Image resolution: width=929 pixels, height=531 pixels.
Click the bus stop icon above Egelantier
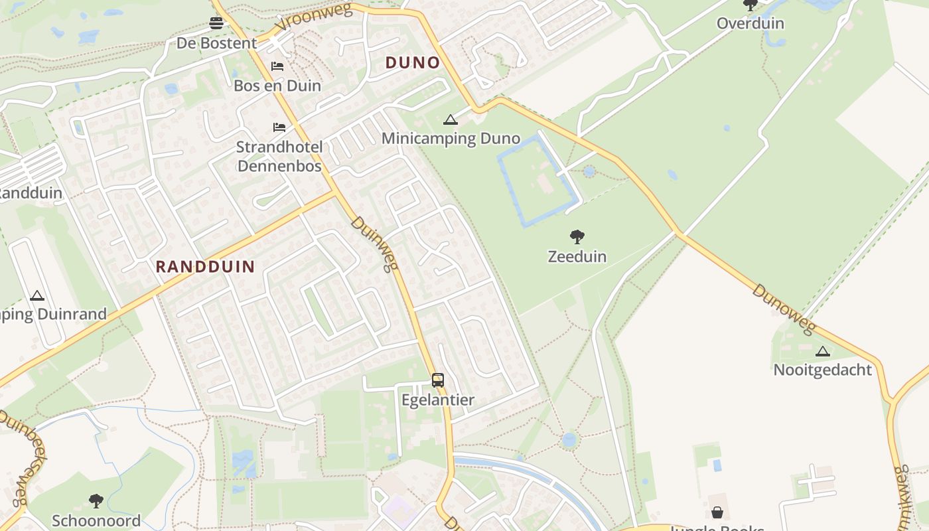[438, 380]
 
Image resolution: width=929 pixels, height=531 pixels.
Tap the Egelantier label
[438, 400]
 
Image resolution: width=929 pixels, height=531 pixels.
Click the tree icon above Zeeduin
[577, 236]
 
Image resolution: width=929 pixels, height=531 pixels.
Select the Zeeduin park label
[577, 256]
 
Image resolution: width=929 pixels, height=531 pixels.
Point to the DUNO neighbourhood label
[413, 63]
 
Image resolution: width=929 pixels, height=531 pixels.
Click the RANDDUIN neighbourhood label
[205, 267]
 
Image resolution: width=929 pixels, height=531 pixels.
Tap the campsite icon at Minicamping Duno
[451, 120]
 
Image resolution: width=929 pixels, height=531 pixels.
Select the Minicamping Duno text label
[451, 139]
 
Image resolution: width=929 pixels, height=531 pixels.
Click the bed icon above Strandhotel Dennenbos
[279, 127]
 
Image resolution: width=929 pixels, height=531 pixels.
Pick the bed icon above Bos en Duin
[277, 66]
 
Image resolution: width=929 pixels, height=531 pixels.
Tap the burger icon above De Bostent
[216, 23]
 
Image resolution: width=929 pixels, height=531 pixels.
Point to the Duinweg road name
[375, 244]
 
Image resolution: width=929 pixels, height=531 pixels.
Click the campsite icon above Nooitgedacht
[823, 351]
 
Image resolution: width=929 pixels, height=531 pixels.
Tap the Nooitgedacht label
[823, 370]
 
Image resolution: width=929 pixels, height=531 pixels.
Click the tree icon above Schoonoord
[96, 500]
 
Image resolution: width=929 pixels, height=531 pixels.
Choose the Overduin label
[750, 24]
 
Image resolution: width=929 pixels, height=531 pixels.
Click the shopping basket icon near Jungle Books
[717, 512]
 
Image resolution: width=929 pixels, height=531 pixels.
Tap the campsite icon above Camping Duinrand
[37, 295]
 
